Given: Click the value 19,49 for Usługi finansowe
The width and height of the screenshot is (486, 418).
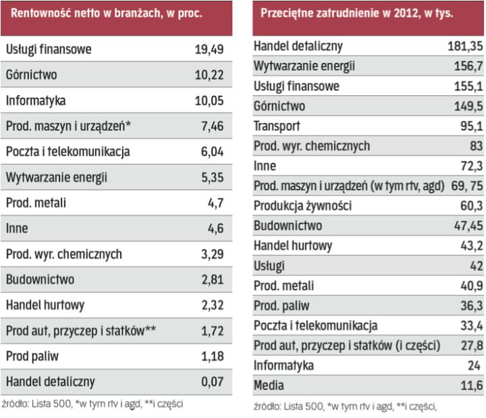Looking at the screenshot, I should click(209, 49).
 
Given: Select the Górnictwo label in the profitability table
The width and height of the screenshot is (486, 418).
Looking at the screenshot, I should click(29, 75).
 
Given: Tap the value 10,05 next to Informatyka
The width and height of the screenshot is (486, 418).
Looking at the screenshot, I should click(209, 101).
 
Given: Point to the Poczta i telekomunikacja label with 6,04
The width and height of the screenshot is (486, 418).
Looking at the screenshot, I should click(67, 152).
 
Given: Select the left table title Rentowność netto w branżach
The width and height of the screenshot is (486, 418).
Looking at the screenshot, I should click(107, 14).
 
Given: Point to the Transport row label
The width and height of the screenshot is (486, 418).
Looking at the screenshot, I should click(277, 126).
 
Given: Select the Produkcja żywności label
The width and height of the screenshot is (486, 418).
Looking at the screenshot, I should click(302, 205).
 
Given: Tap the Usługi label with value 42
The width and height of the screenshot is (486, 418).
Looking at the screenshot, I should click(269, 265).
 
